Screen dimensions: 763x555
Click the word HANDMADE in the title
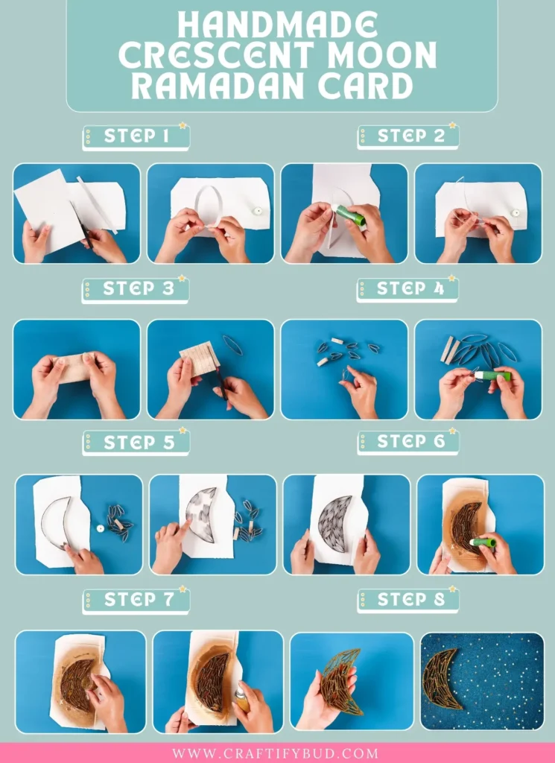(x=277, y=27)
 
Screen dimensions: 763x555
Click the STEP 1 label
(x=136, y=136)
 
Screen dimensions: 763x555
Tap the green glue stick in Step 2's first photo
(x=349, y=217)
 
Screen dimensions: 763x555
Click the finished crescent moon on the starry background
(x=441, y=679)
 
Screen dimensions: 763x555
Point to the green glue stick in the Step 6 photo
(x=483, y=542)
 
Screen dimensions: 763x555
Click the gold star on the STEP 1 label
(x=182, y=126)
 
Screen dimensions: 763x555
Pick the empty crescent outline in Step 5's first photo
(x=57, y=522)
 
